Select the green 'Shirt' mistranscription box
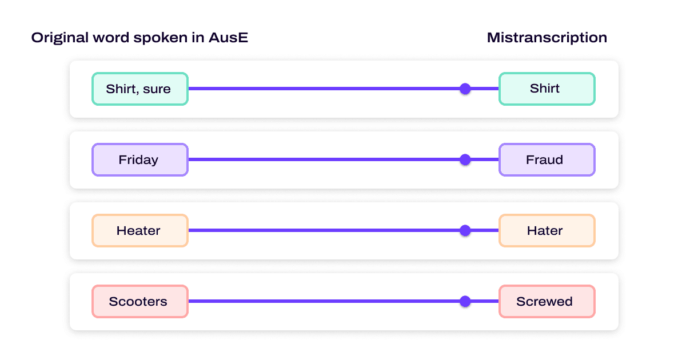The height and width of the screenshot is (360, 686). (x=547, y=89)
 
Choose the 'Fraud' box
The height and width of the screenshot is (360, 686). (x=547, y=159)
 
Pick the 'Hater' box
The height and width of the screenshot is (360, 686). (x=547, y=231)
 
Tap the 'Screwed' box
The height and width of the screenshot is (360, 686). (x=547, y=302)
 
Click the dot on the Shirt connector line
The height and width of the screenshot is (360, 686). (x=465, y=89)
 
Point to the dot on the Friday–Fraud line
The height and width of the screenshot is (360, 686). (x=465, y=159)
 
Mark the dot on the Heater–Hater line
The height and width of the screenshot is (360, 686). (x=465, y=231)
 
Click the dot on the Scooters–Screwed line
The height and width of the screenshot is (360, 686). (x=465, y=302)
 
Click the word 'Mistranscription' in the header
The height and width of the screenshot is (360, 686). (x=547, y=38)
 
